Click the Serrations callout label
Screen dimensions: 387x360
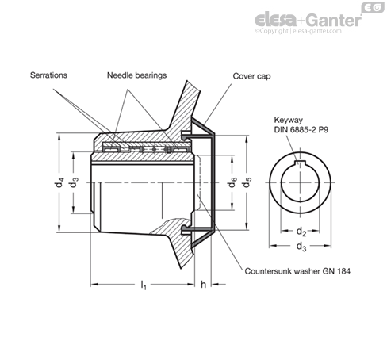point(48,75)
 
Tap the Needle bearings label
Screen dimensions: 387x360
point(136,75)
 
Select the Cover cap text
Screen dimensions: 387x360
point(251,76)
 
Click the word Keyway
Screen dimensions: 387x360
point(288,120)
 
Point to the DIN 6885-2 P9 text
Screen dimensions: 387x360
point(301,130)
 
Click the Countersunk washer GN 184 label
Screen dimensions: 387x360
point(297,271)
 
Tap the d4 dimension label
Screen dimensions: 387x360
point(59,182)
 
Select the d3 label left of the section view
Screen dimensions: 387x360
point(74,182)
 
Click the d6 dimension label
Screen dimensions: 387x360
point(232,182)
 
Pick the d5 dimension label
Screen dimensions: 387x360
point(247,182)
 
